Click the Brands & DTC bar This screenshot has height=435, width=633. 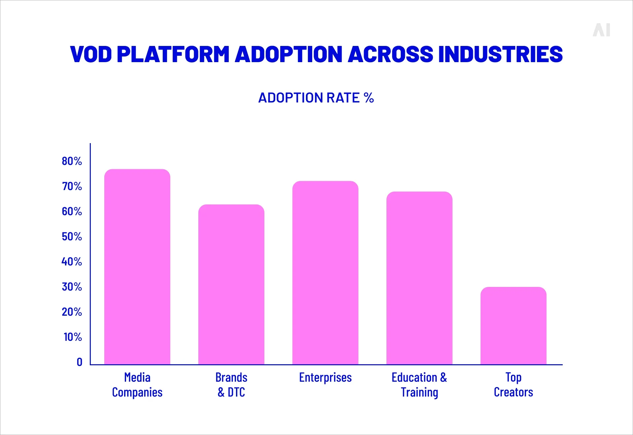(x=231, y=284)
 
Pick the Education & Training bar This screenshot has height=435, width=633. (x=419, y=278)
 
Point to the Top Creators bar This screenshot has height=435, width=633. (x=514, y=326)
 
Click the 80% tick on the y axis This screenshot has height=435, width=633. (x=72, y=161)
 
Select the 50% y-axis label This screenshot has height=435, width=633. (x=72, y=236)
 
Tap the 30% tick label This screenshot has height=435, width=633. (x=72, y=287)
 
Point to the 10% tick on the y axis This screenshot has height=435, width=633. (x=73, y=337)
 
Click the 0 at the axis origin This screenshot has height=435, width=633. (x=80, y=362)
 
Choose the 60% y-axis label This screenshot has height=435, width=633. (x=72, y=211)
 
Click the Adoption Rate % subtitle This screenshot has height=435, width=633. (x=316, y=98)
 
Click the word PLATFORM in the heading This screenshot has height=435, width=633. (x=173, y=54)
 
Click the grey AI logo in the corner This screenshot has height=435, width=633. (x=601, y=30)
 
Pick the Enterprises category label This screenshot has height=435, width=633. (x=325, y=377)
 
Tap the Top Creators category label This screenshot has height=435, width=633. (x=514, y=385)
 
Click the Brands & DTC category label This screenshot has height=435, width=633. (x=231, y=385)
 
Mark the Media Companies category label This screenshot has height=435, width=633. (x=137, y=385)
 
